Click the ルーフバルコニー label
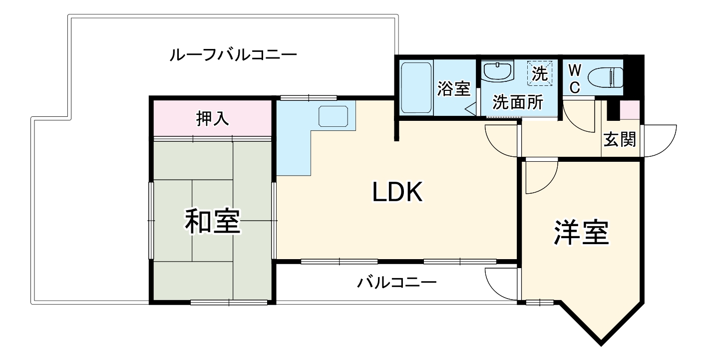click(x=233, y=53)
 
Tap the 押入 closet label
click(x=212, y=118)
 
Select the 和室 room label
click(x=213, y=221)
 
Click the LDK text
click(x=397, y=192)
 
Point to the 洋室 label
click(x=581, y=233)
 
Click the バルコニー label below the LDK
click(x=396, y=283)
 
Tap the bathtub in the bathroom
click(x=416, y=87)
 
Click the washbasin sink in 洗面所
click(x=498, y=71)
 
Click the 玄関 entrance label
click(x=620, y=140)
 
